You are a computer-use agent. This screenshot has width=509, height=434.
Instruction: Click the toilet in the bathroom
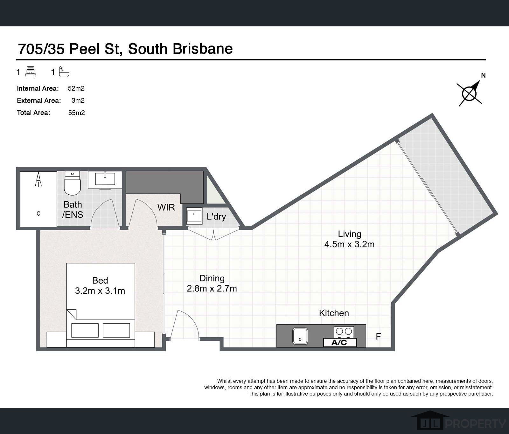tap(72, 184)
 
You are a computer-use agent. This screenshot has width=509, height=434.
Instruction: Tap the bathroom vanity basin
tap(105, 179)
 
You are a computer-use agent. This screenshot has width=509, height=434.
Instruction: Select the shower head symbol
tap(38, 180)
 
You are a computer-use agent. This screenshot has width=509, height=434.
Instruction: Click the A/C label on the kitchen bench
tap(339, 342)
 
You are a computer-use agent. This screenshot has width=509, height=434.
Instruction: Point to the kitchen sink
tap(300, 336)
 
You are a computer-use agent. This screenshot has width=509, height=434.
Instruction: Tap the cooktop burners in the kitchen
tap(344, 332)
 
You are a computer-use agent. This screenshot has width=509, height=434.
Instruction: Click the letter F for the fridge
tap(378, 336)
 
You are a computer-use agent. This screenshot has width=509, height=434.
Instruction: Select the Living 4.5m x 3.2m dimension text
tap(349, 244)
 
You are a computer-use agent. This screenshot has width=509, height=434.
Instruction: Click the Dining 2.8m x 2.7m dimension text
tap(212, 288)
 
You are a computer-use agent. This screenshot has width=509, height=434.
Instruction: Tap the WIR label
tap(166, 207)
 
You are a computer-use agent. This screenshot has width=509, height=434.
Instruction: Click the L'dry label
tap(216, 217)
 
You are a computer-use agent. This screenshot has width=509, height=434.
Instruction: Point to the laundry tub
tap(194, 216)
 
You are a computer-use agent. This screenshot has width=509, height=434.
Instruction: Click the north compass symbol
tap(469, 93)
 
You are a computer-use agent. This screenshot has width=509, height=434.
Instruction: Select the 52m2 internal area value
tap(76, 88)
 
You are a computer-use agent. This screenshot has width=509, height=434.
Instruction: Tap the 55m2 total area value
tap(76, 113)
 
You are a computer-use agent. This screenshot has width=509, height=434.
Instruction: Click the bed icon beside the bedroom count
tap(31, 72)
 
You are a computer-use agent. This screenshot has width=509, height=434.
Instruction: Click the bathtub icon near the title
tap(64, 72)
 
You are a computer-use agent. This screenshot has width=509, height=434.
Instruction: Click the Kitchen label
tap(334, 313)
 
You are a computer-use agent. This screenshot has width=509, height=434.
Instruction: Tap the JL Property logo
tap(458, 421)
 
